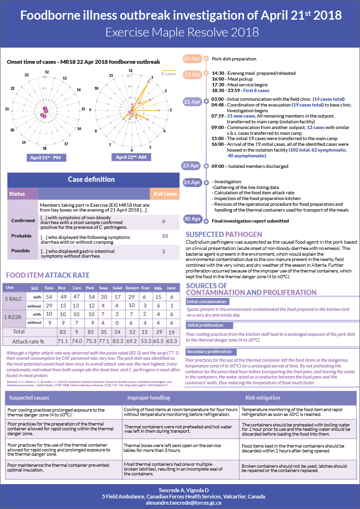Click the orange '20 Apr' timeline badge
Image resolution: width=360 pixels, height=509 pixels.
coord(192,59)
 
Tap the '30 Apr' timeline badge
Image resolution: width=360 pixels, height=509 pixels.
coord(192,219)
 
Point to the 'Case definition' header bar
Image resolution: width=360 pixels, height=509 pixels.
coord(91,179)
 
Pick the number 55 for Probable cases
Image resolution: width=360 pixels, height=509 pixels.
coord(165,236)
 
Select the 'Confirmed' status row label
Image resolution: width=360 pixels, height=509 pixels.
coord(23,221)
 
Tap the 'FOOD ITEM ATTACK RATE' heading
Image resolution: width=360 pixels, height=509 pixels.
coord(48,275)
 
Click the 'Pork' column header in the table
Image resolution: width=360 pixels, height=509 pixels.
coord(89,288)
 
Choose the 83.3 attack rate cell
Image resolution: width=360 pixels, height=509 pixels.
coord(117,341)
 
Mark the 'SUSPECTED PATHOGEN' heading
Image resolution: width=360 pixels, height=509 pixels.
coord(224,235)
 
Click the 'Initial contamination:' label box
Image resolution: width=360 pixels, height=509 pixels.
coord(207,302)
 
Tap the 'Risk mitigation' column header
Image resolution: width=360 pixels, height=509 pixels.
coord(263,398)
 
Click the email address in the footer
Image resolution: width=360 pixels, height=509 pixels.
coord(180,503)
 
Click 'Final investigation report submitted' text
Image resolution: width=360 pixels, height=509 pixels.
coord(250,221)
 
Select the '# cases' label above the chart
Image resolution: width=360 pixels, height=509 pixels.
coord(168,73)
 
